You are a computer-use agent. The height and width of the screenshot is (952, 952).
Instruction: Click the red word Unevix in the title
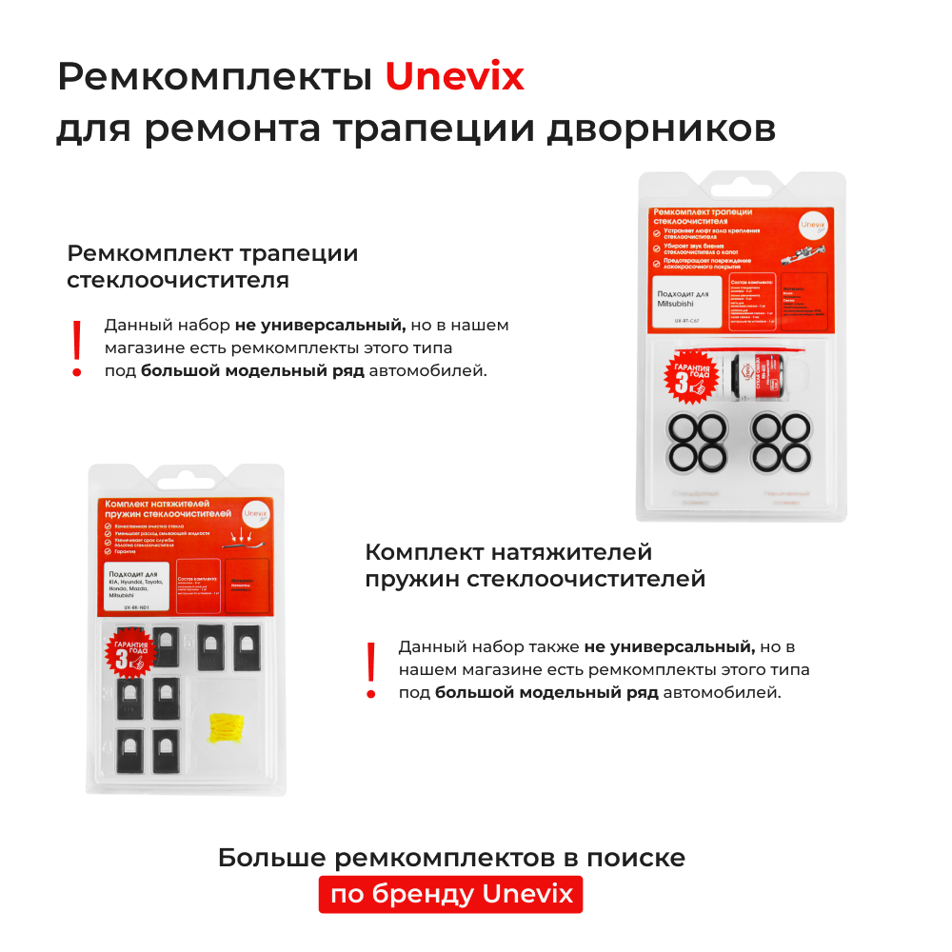point(454,77)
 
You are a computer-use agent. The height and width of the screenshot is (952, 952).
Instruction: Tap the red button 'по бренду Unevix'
point(450,894)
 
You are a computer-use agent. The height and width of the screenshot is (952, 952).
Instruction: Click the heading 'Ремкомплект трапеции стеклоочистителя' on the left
point(211,267)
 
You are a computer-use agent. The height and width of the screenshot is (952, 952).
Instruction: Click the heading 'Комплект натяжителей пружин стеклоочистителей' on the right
point(534,565)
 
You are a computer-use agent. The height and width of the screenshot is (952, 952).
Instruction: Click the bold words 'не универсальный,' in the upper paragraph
point(320,325)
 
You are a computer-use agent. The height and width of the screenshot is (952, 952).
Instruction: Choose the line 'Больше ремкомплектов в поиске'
point(451,857)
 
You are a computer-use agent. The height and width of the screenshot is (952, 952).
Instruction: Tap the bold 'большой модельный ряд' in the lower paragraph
point(546,692)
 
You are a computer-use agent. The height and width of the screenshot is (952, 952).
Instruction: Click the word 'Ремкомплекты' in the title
point(214,77)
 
